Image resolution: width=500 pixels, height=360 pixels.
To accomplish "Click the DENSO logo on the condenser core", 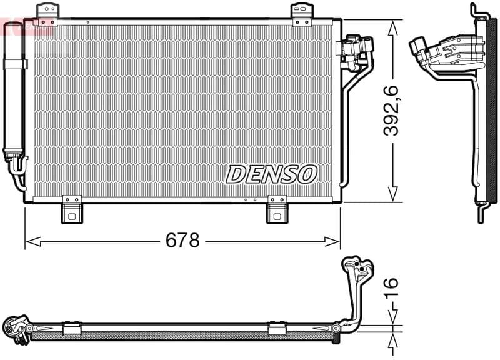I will point(271,174).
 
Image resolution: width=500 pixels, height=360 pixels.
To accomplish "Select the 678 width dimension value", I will point(182,240).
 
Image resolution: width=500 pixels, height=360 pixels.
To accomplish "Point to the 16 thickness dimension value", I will point(391,288).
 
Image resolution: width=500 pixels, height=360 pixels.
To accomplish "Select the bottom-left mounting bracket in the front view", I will point(72,210).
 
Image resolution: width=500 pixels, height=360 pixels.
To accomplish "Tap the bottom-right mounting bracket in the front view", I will point(276,210).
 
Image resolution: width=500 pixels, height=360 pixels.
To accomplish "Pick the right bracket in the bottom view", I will point(277,328).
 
